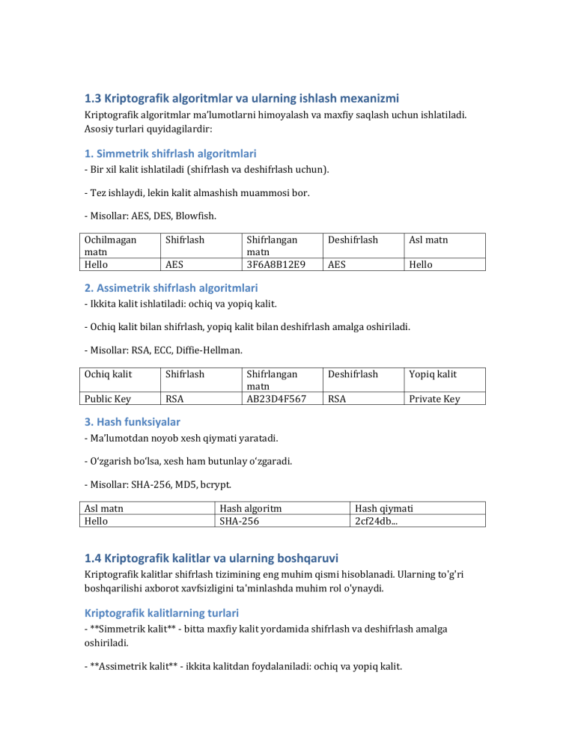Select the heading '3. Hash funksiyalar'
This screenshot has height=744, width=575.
coord(131,422)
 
